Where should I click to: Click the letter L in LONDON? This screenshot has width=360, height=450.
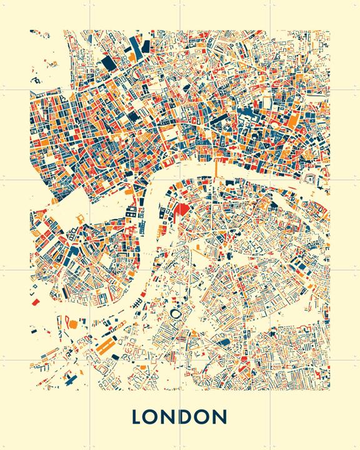[138, 417]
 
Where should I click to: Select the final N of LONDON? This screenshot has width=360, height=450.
[219, 417]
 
